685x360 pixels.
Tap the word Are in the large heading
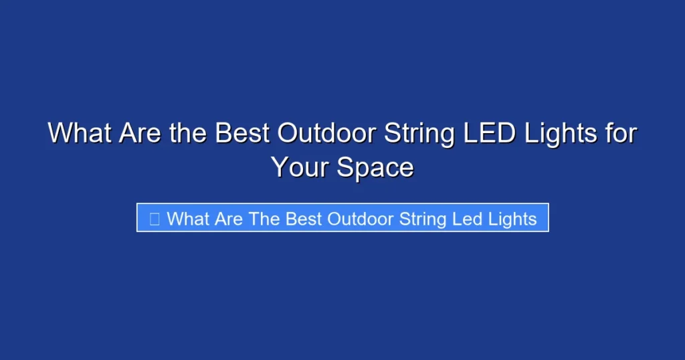140,133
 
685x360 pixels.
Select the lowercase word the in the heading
189,133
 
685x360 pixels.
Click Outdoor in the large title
327,133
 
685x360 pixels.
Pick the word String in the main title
419,133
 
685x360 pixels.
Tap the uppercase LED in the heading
489,133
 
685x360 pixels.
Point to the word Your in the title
300,167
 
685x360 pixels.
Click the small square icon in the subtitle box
155,218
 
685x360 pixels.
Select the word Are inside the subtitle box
230,218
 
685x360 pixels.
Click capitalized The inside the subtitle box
265,218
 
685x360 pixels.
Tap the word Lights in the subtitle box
512,218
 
